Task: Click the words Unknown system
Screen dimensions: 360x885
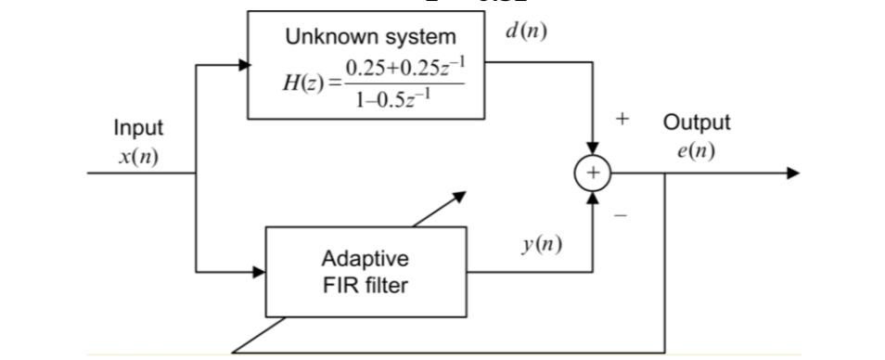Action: click(370, 37)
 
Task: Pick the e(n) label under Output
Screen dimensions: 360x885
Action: click(696, 150)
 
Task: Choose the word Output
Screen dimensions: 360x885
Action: click(696, 122)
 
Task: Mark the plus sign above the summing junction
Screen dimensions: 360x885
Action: click(622, 120)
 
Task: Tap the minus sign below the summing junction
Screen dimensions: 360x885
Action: click(622, 215)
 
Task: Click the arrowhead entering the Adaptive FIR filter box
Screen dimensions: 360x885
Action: click(261, 273)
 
